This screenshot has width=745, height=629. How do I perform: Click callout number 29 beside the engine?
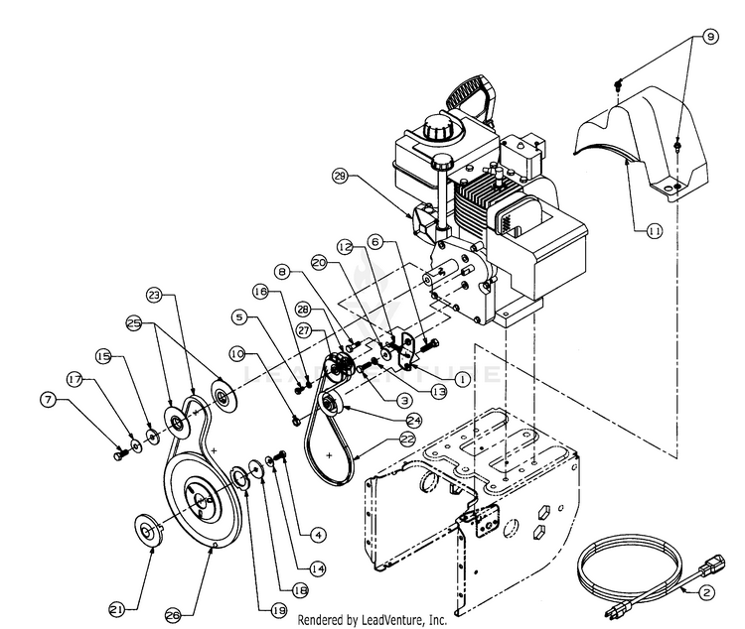click(x=341, y=178)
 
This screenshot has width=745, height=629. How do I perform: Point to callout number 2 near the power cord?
click(x=707, y=593)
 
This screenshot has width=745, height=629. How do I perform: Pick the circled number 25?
click(x=134, y=322)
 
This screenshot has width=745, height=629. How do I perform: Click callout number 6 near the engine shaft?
click(x=374, y=241)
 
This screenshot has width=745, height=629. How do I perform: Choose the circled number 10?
click(x=236, y=353)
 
